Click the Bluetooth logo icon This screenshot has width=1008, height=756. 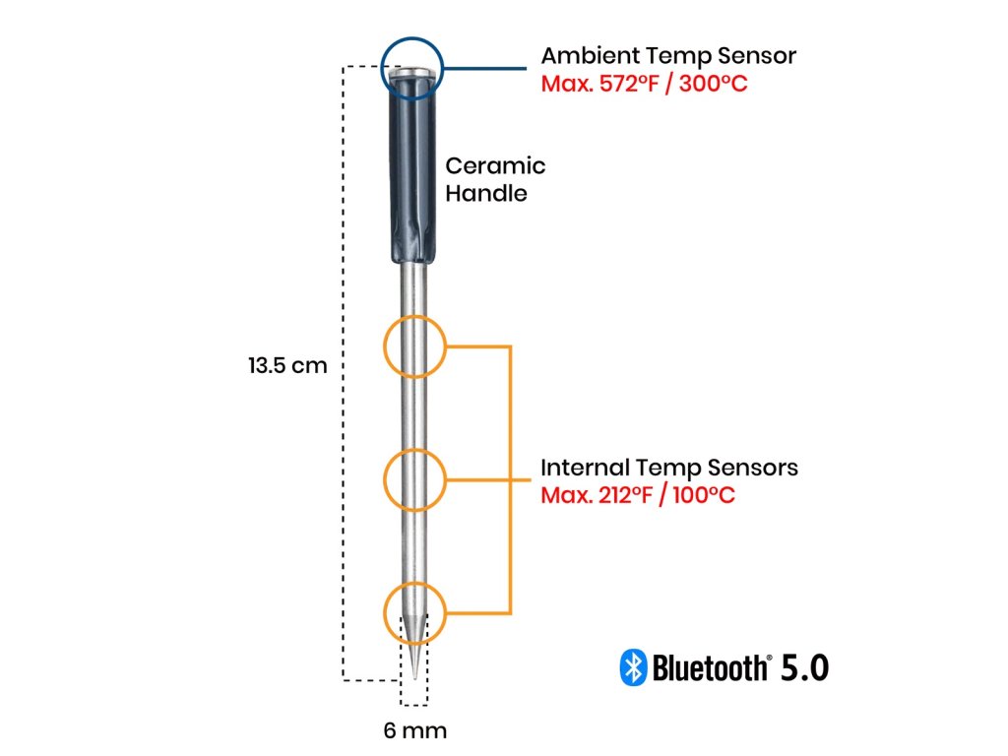(633, 667)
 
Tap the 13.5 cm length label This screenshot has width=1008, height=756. (288, 366)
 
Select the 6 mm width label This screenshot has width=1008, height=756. (415, 730)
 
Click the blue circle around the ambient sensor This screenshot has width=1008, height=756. (412, 68)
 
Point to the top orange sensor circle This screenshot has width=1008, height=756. (414, 346)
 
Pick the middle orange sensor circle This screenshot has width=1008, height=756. (414, 480)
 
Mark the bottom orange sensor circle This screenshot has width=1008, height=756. (414, 613)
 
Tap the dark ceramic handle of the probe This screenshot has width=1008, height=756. (412, 170)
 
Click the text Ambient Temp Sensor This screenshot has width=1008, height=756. (668, 56)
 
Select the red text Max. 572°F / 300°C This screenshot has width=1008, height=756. (644, 84)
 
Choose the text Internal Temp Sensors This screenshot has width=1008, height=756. (669, 468)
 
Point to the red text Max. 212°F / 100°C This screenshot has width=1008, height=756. (638, 495)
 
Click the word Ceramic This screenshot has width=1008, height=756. (496, 165)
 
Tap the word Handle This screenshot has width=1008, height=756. (486, 194)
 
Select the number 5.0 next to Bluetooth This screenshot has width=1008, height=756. (804, 668)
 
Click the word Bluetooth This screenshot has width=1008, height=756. (712, 668)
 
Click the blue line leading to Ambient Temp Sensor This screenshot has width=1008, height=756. (485, 68)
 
